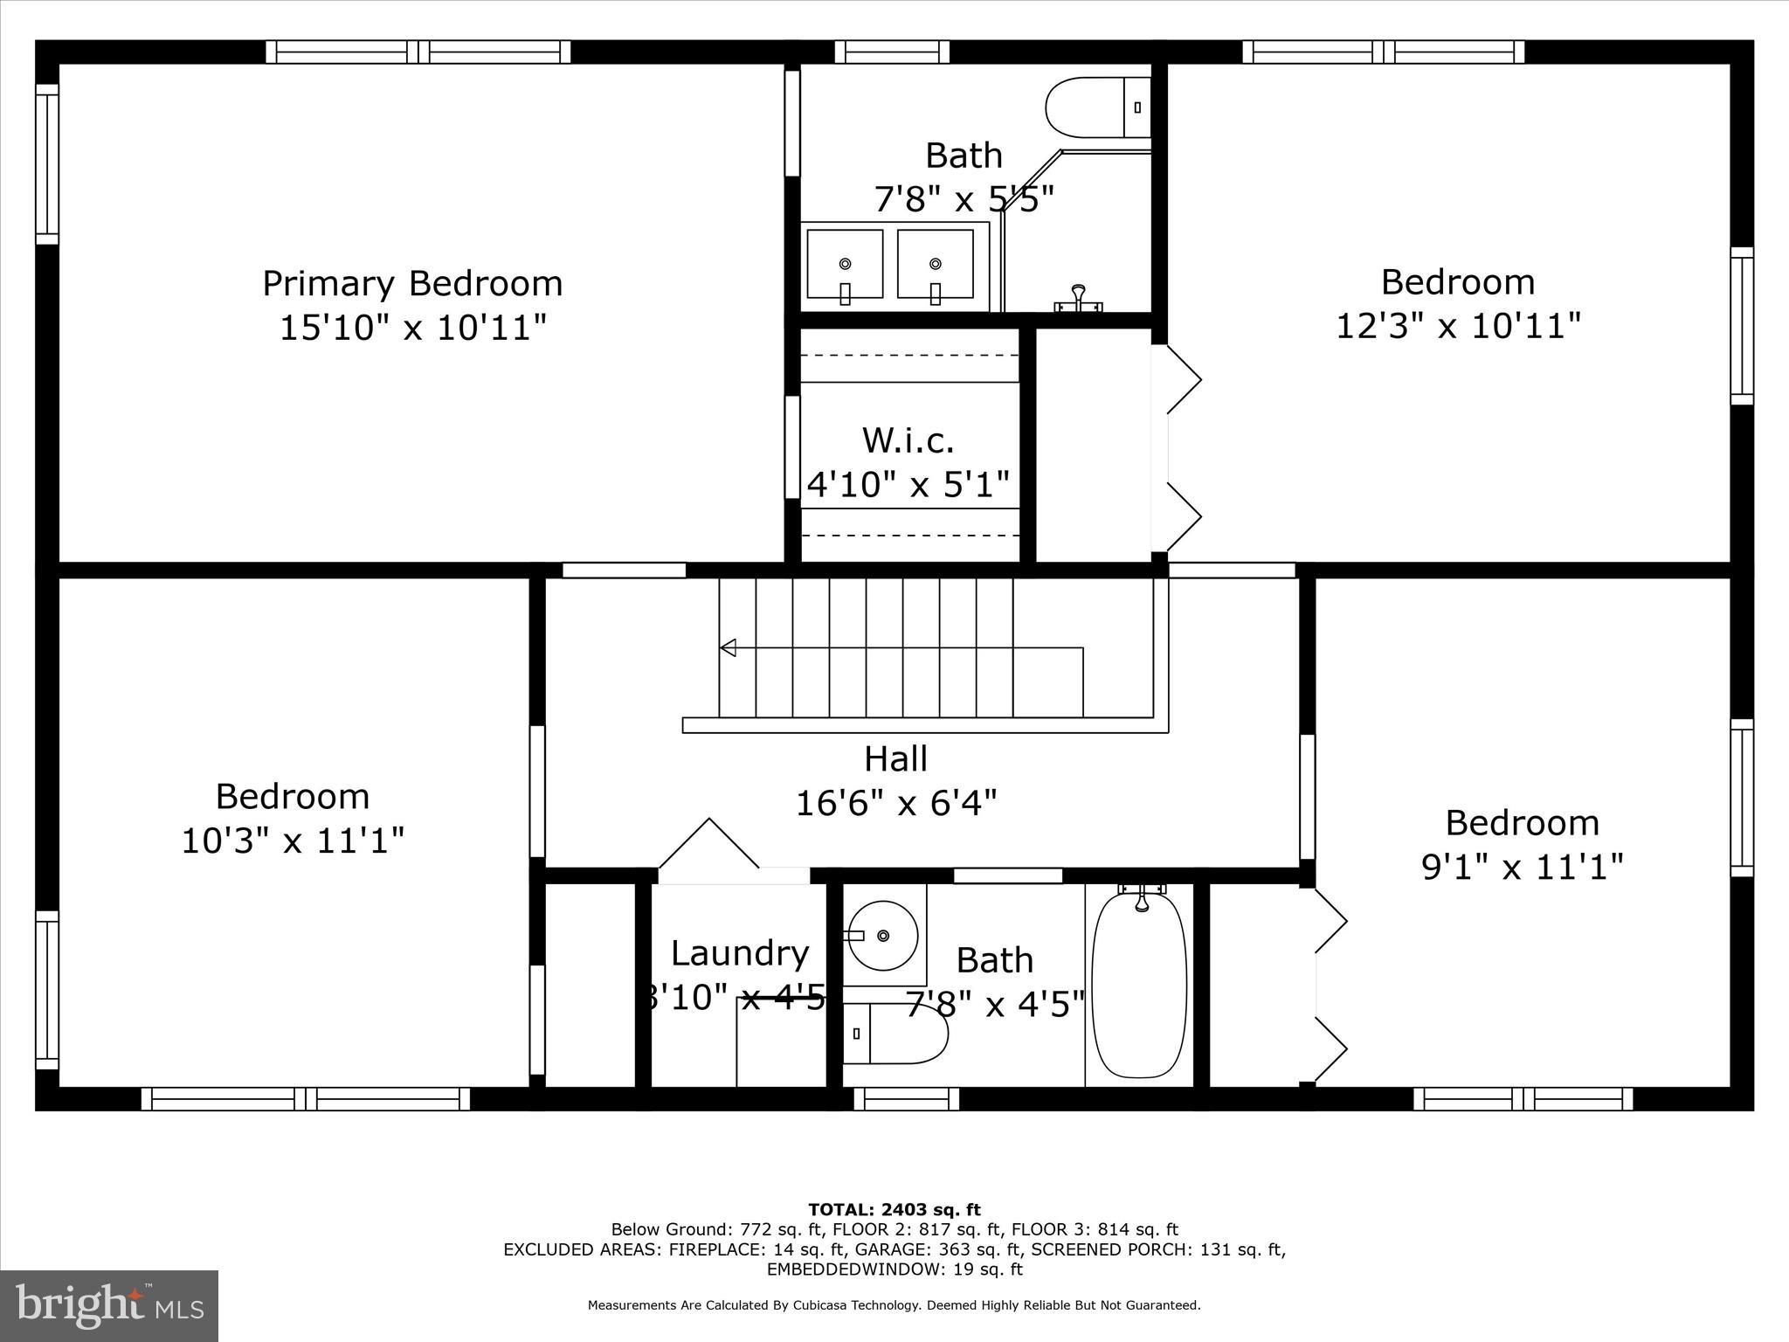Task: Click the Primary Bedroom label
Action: pyautogui.click(x=412, y=284)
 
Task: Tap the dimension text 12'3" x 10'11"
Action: pyautogui.click(x=1458, y=327)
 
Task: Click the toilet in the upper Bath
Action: pyautogui.click(x=1096, y=107)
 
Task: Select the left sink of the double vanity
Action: pyautogui.click(x=845, y=264)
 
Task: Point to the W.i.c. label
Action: pyautogui.click(x=908, y=440)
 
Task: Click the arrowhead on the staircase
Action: pyautogui.click(x=728, y=647)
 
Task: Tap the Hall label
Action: pyautogui.click(x=895, y=758)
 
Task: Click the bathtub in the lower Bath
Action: pyautogui.click(x=1139, y=985)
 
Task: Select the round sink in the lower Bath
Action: pyautogui.click(x=883, y=936)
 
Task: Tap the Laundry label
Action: pyautogui.click(x=739, y=953)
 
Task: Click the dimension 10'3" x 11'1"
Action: pyautogui.click(x=293, y=841)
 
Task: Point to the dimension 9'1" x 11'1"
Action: pyautogui.click(x=1522, y=868)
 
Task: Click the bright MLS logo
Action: pyautogui.click(x=109, y=1305)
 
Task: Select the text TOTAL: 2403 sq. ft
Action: pyautogui.click(x=894, y=1210)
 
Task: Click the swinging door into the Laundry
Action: pyautogui.click(x=709, y=844)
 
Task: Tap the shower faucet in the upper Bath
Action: pyautogui.click(x=1079, y=298)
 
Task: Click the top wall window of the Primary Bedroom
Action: pyautogui.click(x=418, y=52)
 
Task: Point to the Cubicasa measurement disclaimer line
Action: pyautogui.click(x=894, y=1305)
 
